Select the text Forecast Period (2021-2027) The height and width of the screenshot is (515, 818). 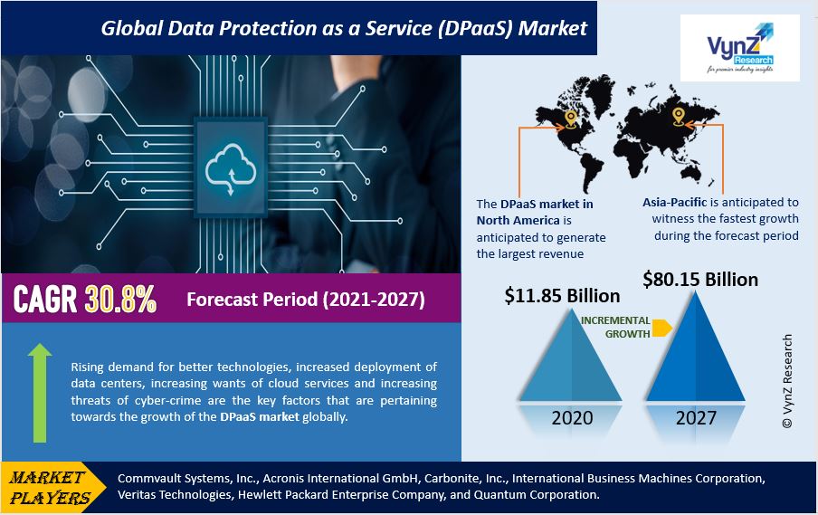305,300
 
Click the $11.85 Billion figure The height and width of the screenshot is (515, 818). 562,296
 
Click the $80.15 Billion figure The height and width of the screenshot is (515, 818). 700,279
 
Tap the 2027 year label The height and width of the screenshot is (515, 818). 695,418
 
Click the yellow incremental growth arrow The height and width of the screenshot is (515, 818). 661,328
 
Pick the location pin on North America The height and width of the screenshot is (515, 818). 570,118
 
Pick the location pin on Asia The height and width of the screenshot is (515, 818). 678,115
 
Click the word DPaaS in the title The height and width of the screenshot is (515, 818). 451,27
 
